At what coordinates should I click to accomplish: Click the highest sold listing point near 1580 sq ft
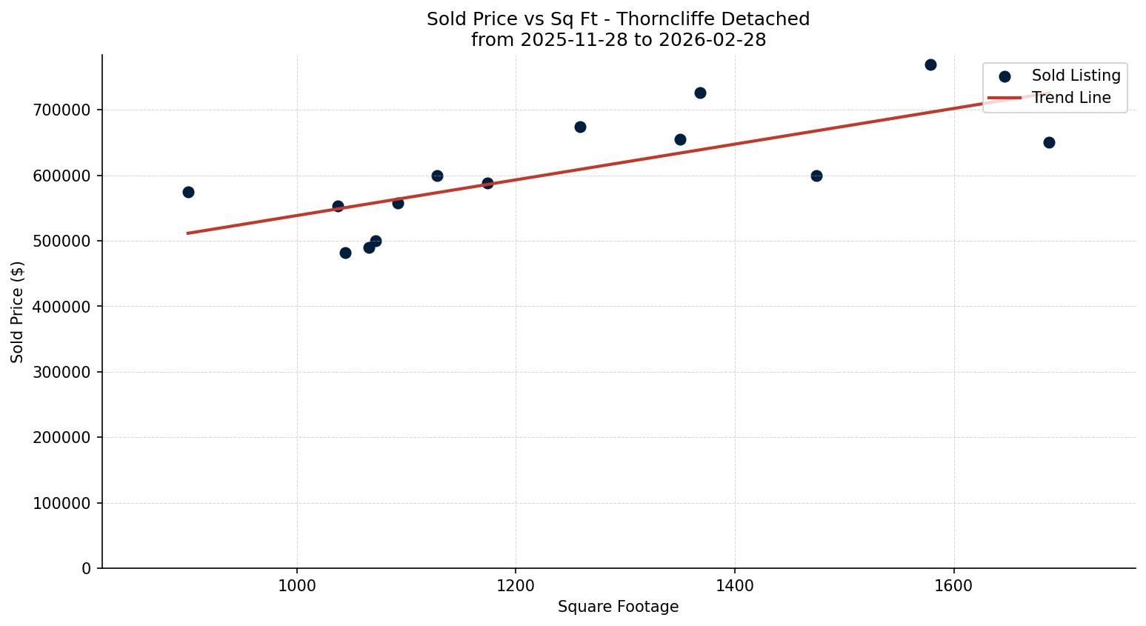(x=930, y=65)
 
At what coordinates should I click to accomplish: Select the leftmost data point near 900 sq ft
(x=188, y=193)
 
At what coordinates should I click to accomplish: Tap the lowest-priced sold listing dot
(x=345, y=253)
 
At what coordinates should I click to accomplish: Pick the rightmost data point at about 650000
(x=1049, y=143)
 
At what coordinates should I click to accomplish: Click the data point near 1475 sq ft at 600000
(x=816, y=176)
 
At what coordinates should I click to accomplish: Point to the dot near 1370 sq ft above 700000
(x=700, y=93)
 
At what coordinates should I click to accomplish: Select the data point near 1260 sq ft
(x=580, y=127)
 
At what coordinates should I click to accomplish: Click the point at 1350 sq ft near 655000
(x=680, y=140)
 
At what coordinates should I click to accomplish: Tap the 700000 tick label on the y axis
(x=62, y=110)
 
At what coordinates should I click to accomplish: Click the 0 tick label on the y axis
(x=87, y=569)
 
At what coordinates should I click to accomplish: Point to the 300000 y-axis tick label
(x=62, y=373)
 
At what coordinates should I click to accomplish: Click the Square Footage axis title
(x=618, y=607)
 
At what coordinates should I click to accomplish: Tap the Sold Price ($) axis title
(x=18, y=312)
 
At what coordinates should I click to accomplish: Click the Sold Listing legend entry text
(x=1076, y=76)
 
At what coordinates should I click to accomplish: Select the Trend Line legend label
(x=1071, y=98)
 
